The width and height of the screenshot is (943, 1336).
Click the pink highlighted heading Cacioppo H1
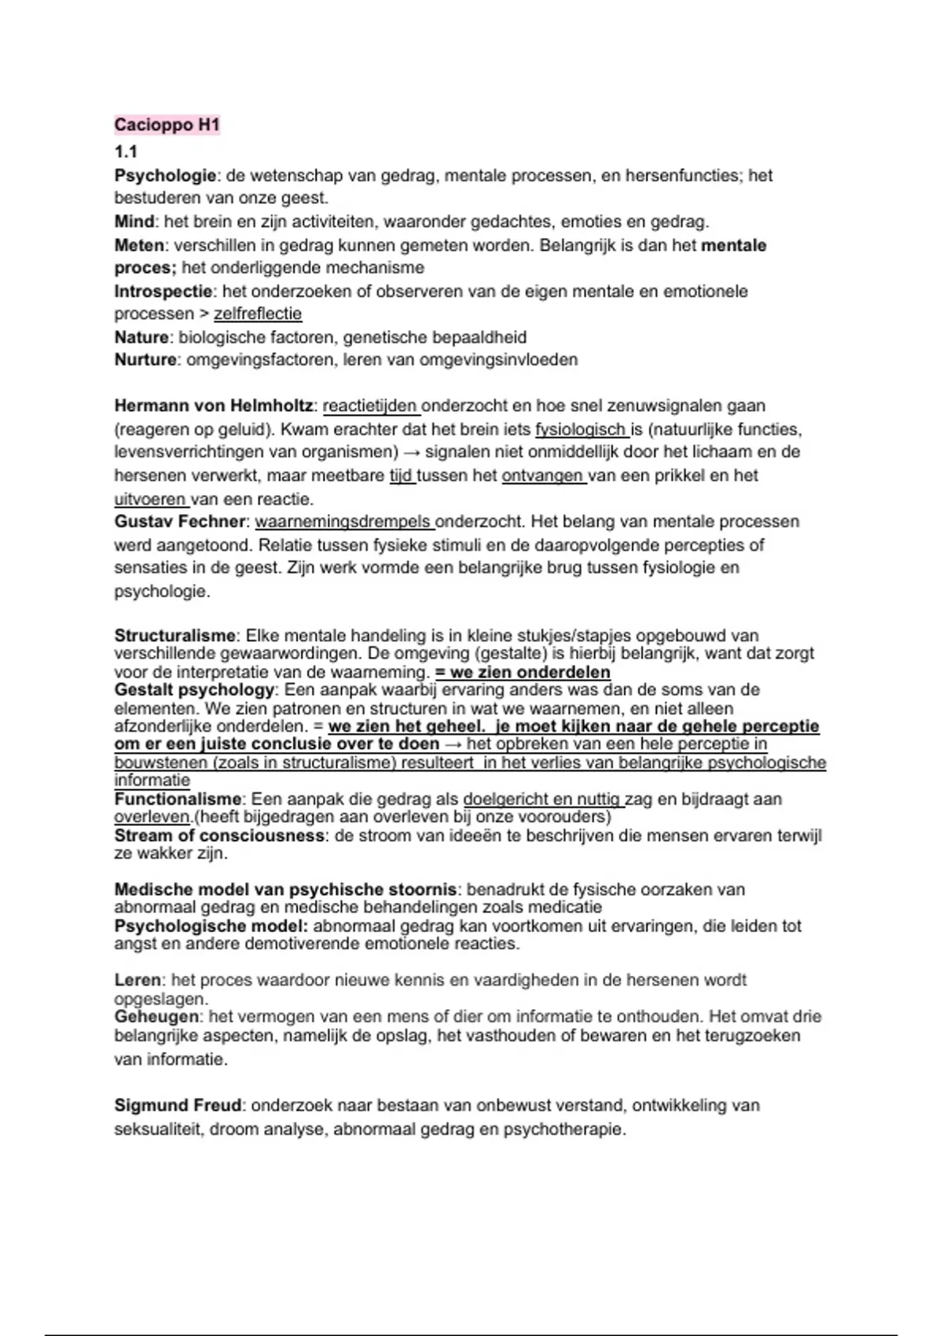point(167,125)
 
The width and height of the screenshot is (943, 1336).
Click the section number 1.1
point(126,152)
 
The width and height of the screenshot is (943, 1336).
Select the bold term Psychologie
point(165,175)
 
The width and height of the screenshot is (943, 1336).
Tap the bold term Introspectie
point(163,292)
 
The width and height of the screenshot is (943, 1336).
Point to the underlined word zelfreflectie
point(258,314)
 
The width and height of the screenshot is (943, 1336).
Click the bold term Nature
point(141,337)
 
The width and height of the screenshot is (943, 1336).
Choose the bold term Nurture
point(145,360)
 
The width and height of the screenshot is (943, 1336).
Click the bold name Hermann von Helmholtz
point(214,406)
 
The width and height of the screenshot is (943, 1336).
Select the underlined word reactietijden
point(370,406)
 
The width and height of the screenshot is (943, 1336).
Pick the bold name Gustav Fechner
point(180,522)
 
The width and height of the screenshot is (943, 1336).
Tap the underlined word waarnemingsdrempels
point(343,522)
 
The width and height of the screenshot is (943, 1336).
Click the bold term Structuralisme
point(174,636)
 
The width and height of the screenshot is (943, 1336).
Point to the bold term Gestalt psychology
point(194,690)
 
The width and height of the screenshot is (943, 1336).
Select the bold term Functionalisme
point(178,799)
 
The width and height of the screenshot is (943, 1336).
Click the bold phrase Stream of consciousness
point(219,835)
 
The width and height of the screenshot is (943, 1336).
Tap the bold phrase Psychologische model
point(211,926)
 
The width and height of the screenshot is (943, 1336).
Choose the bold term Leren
point(138,980)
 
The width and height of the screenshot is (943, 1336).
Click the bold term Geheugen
point(156,1017)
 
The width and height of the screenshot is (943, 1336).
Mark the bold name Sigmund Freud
point(178,1106)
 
